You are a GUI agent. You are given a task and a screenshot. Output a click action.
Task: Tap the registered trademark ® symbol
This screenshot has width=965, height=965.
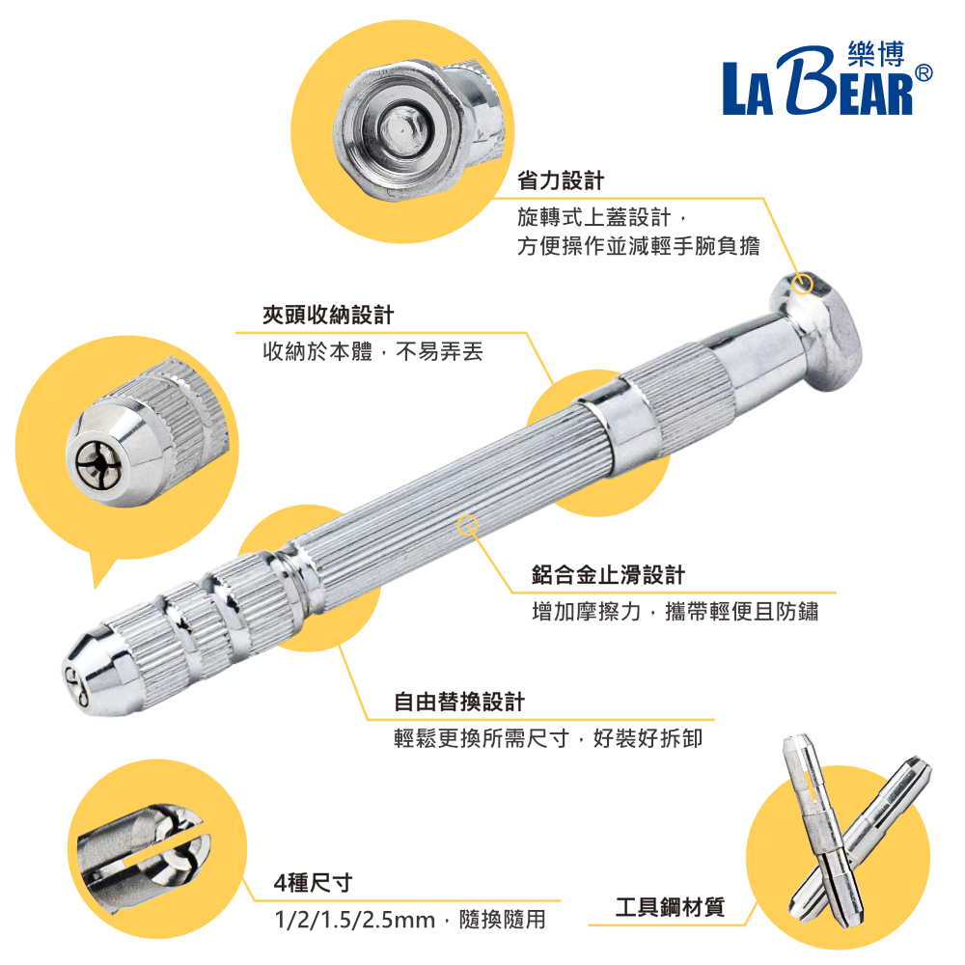pyautogui.click(x=924, y=73)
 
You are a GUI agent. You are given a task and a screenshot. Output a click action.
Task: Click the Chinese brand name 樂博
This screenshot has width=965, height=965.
pyautogui.click(x=876, y=53)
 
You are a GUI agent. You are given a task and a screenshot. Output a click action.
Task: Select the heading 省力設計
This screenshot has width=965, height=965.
pyautogui.click(x=561, y=181)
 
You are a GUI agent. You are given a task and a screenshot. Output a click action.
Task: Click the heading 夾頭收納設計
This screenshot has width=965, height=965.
pyautogui.click(x=328, y=316)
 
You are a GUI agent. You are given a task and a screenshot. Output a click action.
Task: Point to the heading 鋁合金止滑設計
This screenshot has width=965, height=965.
pyautogui.click(x=608, y=575)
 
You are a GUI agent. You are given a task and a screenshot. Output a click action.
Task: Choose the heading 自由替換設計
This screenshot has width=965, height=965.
pyautogui.click(x=459, y=702)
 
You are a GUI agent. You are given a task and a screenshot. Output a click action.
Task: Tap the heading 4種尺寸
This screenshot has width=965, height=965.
pyautogui.click(x=314, y=883)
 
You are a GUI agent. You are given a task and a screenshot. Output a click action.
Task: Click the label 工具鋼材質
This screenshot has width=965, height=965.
pyautogui.click(x=671, y=906)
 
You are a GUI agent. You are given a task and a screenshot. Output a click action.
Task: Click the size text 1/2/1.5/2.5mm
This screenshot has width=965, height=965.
pyautogui.click(x=354, y=920)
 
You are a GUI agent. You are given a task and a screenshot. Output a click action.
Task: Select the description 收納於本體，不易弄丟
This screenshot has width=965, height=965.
pyautogui.click(x=372, y=351)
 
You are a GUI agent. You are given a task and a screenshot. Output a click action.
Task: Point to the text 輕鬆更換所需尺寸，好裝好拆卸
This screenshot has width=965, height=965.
pyautogui.click(x=548, y=738)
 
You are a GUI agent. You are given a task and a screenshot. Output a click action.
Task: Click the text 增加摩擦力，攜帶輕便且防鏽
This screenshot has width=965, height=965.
pyautogui.click(x=675, y=612)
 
